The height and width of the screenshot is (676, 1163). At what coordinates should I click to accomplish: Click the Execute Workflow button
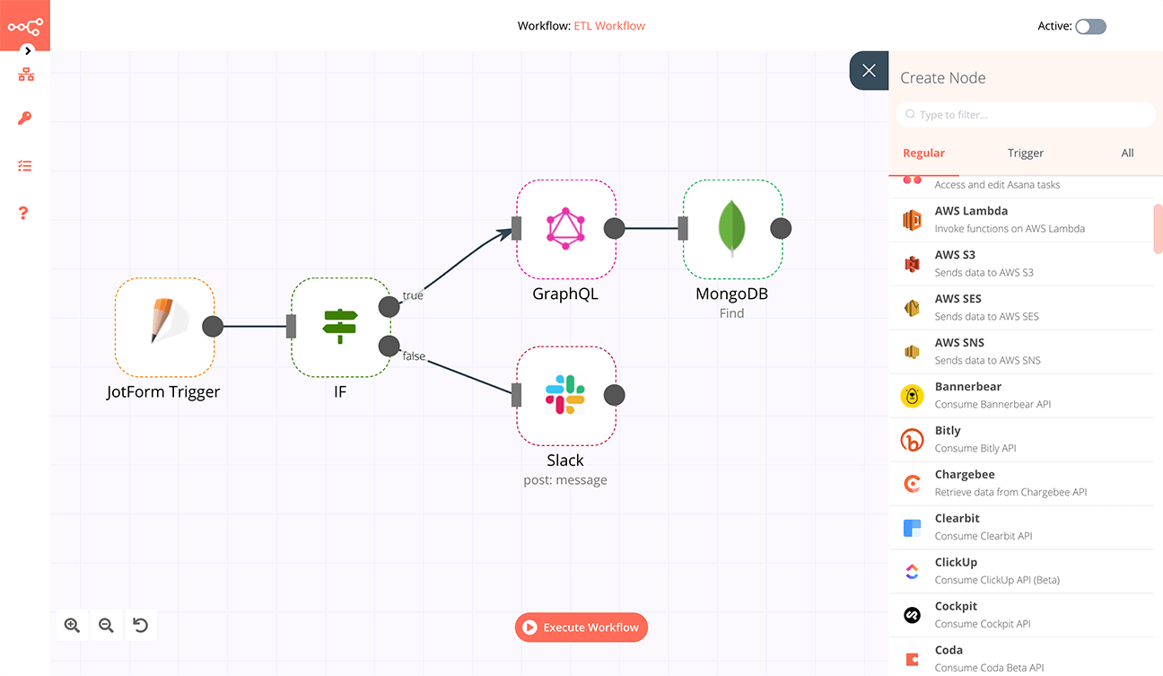581,628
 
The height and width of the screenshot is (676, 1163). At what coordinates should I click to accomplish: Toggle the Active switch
1090,26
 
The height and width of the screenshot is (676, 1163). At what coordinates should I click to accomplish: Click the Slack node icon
565,395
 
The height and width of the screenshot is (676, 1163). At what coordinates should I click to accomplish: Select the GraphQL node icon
565,228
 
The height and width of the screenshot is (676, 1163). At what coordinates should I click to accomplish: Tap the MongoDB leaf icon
732,228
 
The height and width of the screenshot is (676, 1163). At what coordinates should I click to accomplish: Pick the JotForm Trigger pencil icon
164,325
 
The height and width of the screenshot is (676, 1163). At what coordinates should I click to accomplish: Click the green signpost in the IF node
340,326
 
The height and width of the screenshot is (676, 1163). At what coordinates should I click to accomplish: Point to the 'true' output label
413,295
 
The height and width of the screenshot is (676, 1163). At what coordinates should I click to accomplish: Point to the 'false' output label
414,356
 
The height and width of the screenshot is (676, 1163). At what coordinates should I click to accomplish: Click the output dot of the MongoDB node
781,228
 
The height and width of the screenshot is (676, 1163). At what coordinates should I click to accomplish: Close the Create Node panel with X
869,71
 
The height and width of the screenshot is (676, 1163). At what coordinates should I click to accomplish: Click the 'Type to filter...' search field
1025,115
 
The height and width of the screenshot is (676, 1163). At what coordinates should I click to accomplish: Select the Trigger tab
1026,154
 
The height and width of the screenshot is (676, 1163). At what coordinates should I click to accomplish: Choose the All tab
1127,154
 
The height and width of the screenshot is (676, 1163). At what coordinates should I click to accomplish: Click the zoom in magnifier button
72,626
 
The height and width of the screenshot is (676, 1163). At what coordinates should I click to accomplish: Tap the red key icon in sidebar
25,119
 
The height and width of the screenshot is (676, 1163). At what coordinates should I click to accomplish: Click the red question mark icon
24,213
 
